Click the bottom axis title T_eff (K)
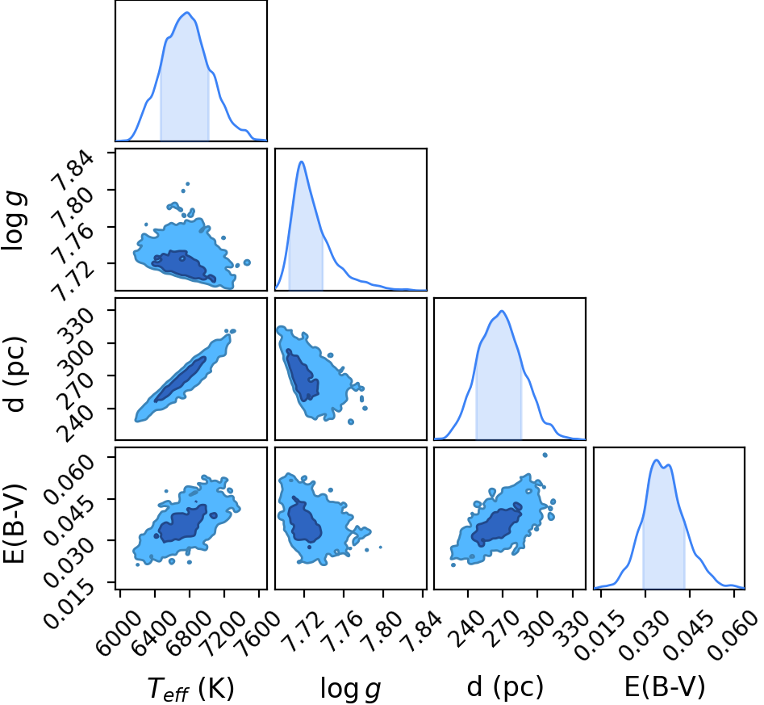click(190, 688)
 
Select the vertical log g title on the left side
click(14, 220)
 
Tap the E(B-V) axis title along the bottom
click(665, 687)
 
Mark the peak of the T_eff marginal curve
click(187, 13)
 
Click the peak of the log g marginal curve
click(302, 162)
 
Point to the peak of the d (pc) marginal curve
click(501, 311)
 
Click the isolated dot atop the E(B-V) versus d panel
click(545, 455)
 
